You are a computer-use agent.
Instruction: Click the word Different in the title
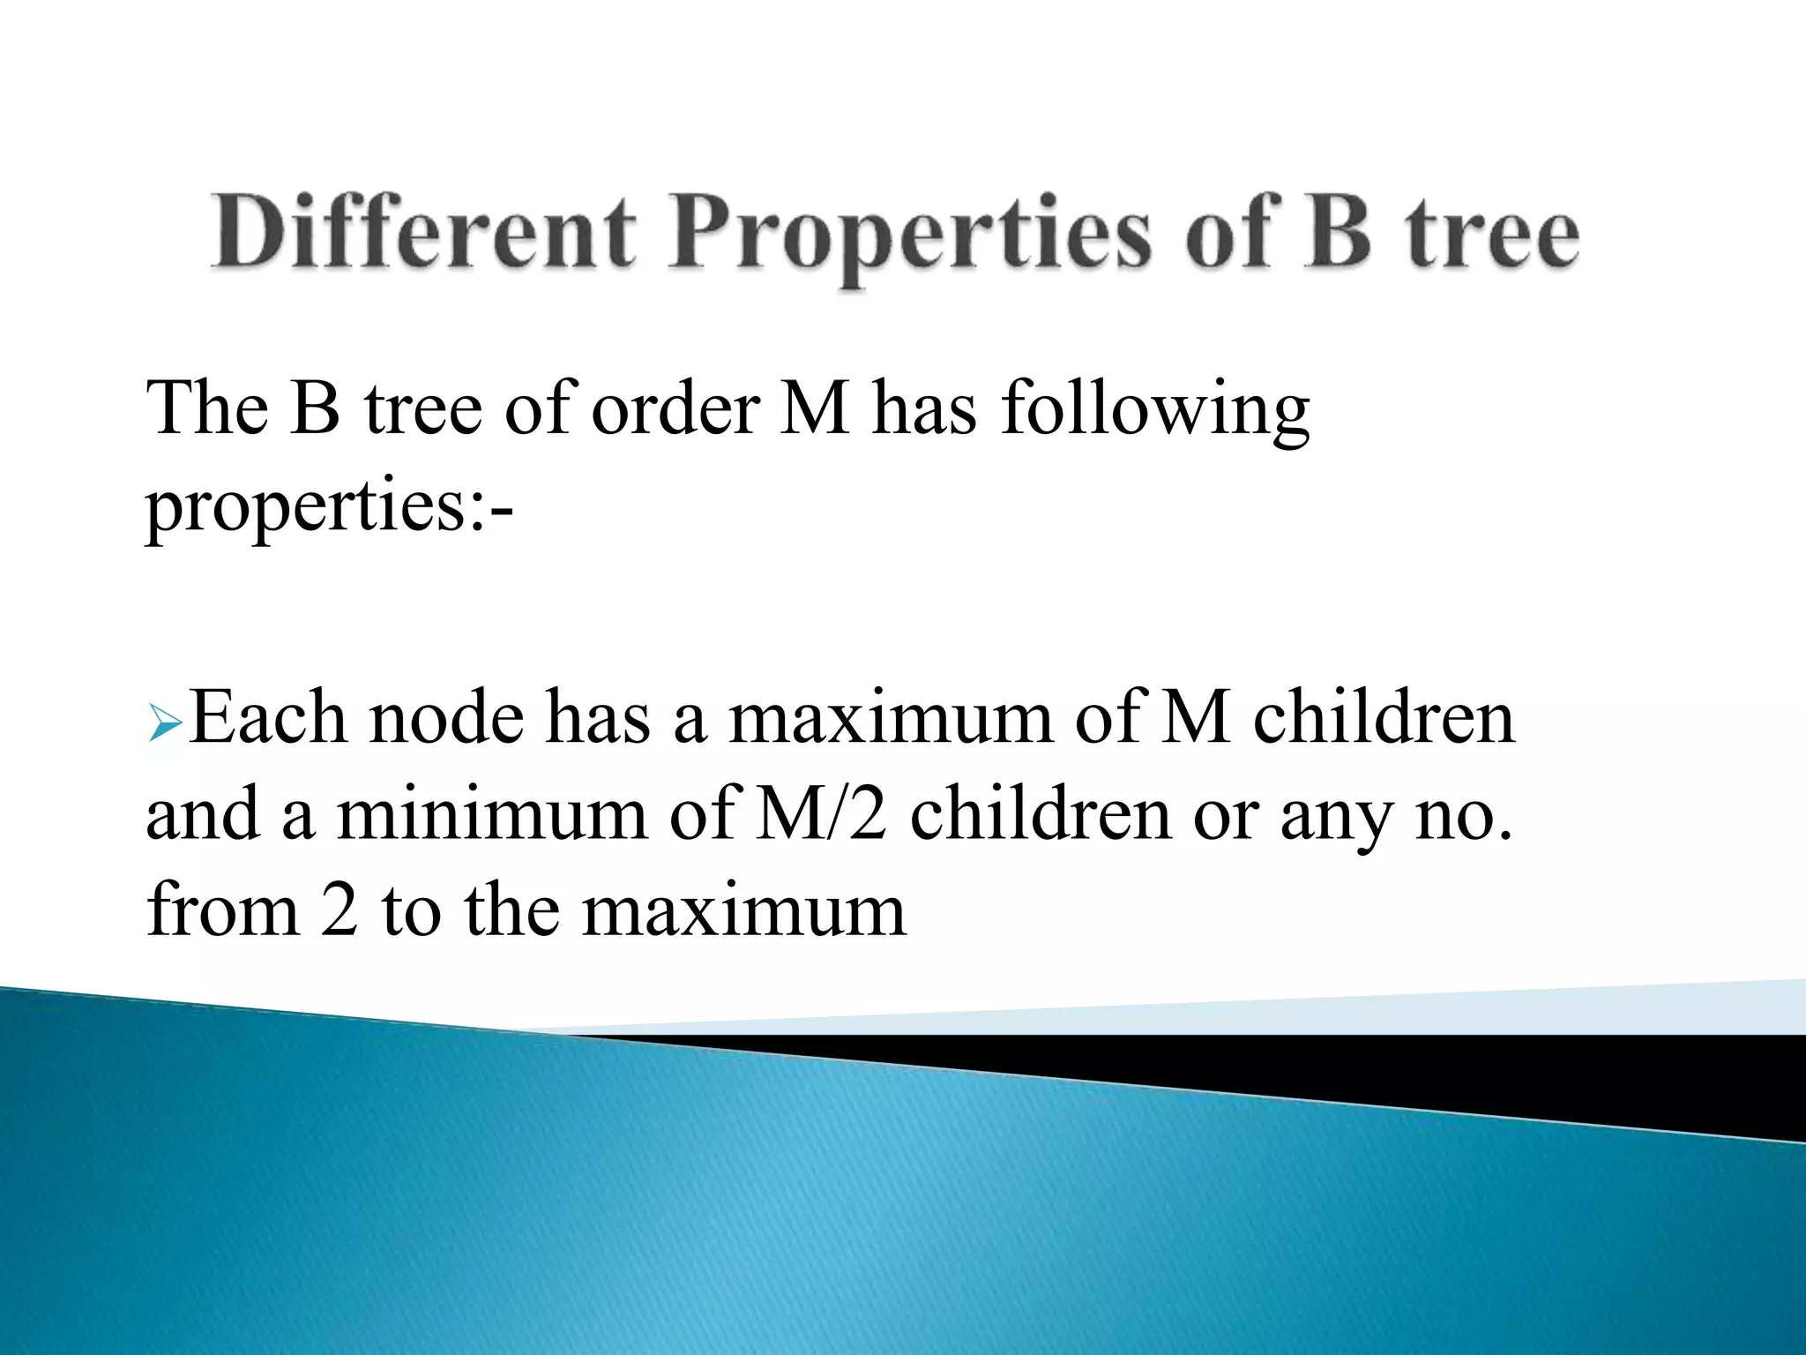click(x=422, y=232)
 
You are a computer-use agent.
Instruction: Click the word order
click(x=675, y=408)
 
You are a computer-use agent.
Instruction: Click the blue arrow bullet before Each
click(x=165, y=724)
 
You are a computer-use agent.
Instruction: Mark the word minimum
click(x=492, y=814)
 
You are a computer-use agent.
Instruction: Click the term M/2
click(x=821, y=814)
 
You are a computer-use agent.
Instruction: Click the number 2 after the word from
click(x=340, y=911)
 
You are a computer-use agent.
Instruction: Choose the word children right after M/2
click(x=1041, y=814)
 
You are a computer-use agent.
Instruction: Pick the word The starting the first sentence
click(x=208, y=408)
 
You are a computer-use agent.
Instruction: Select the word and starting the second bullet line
click(x=203, y=814)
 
